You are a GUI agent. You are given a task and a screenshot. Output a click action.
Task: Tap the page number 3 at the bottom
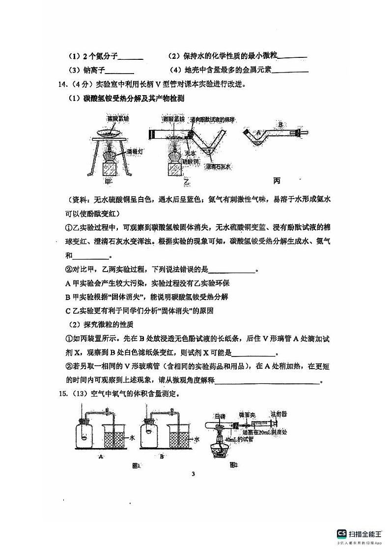194,474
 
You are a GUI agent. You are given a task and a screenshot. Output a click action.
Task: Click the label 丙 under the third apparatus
277,181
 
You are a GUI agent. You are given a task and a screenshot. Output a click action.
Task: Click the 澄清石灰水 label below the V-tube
219,167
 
